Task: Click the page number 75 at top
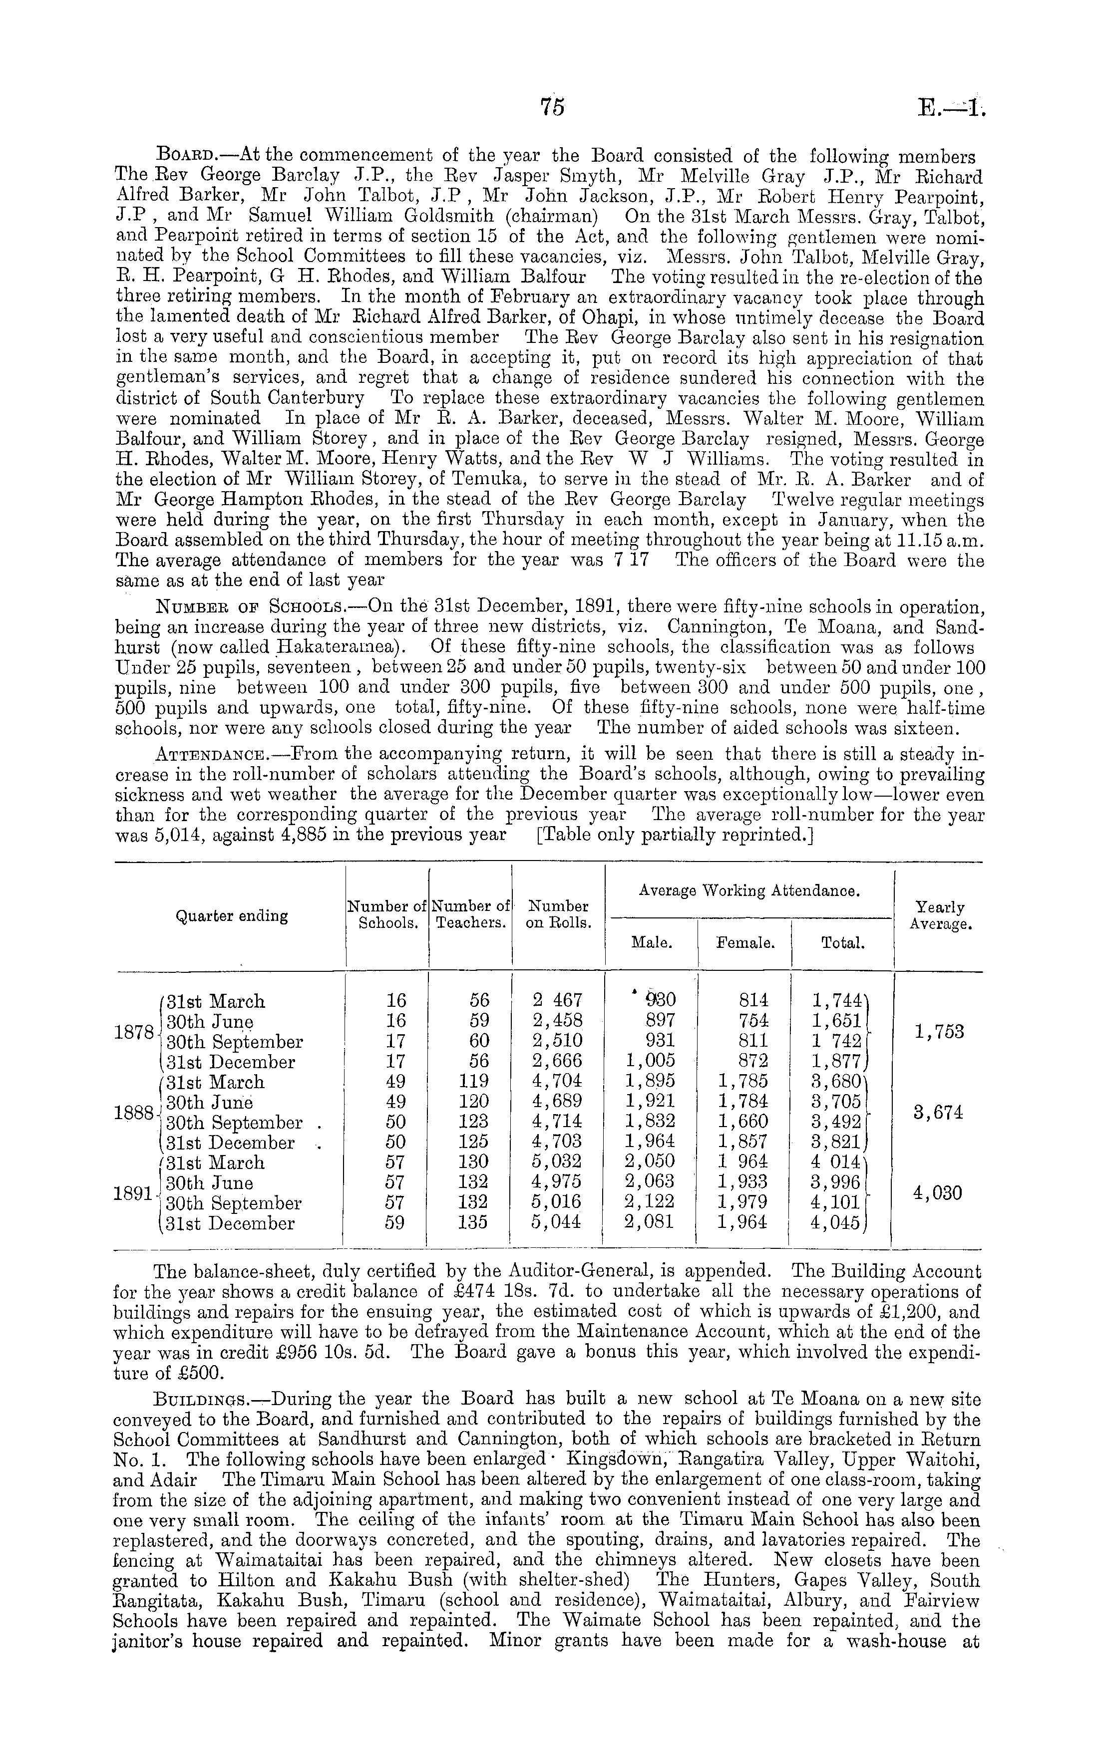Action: pyautogui.click(x=552, y=107)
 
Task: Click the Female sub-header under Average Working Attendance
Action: pyautogui.click(x=745, y=942)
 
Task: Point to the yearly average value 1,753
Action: pyautogui.click(x=940, y=1032)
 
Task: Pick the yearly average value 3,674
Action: pyautogui.click(x=940, y=1112)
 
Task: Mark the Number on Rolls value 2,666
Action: pyautogui.click(x=558, y=1062)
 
